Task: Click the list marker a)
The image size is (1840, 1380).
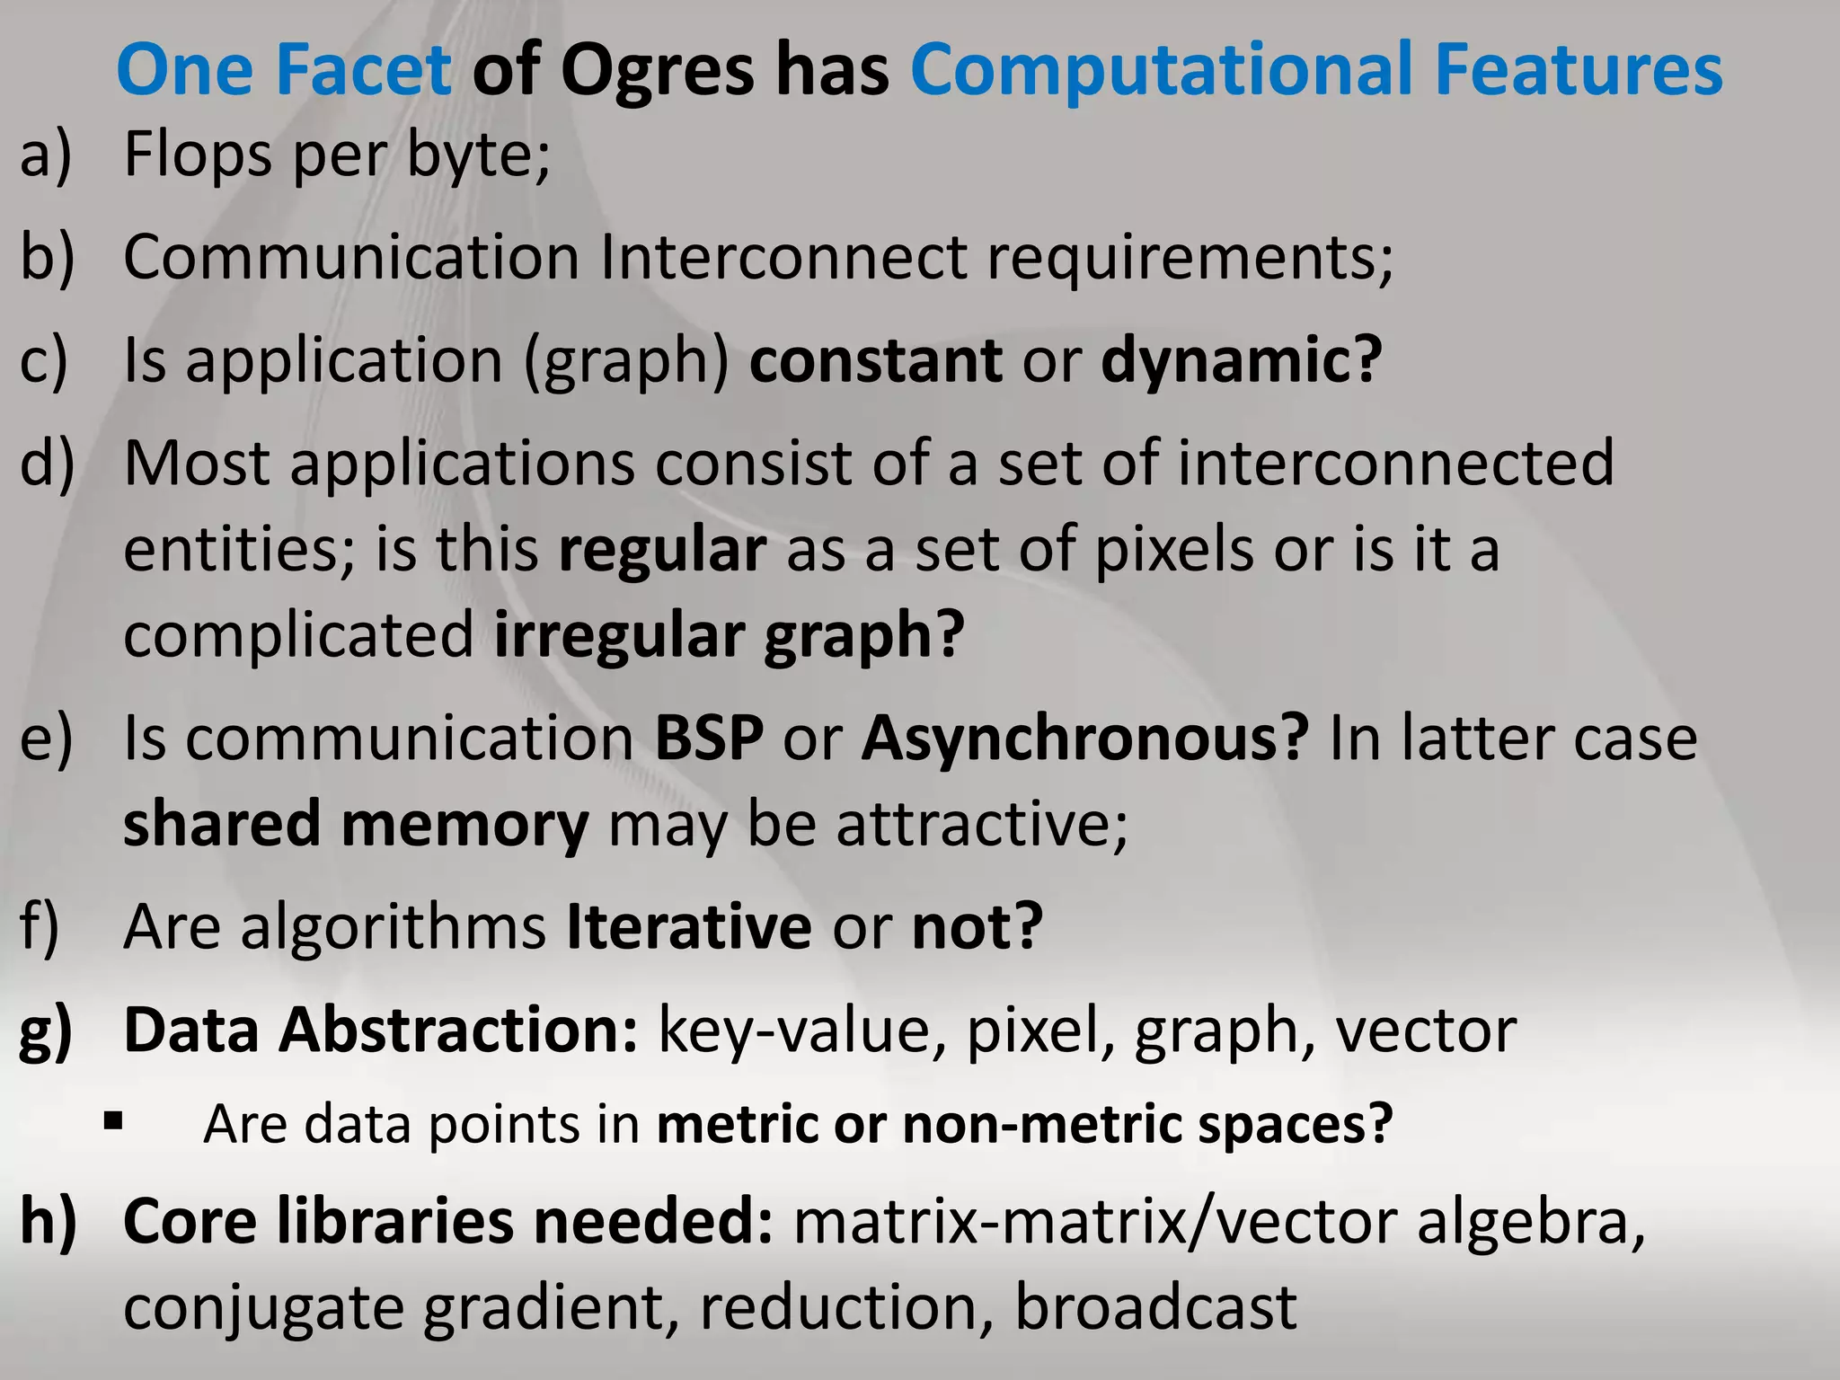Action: point(46,155)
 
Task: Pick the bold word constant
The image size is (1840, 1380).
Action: point(875,360)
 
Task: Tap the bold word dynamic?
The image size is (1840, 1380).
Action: point(1241,360)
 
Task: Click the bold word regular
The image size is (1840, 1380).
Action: point(662,550)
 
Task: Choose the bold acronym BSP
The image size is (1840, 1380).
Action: point(709,739)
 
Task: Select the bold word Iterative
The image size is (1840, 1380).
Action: point(689,927)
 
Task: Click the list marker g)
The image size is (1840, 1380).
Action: point(46,1031)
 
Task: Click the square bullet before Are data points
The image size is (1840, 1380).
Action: point(113,1121)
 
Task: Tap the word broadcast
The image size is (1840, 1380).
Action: point(1155,1308)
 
